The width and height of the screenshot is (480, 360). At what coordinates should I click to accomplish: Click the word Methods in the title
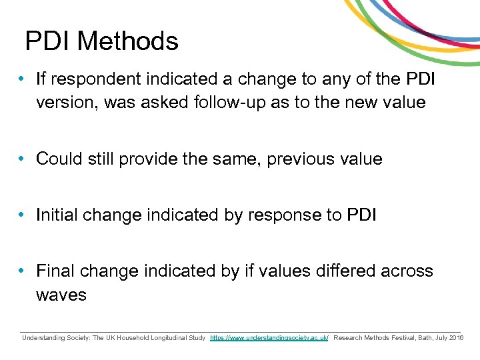128,41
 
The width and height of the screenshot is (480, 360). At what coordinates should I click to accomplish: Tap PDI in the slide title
49,41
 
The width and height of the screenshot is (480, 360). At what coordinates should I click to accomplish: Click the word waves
61,295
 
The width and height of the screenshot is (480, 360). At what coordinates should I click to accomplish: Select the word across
407,271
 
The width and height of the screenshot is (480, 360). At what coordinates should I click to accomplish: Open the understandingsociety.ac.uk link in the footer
269,339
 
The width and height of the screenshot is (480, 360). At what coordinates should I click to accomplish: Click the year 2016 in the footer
456,339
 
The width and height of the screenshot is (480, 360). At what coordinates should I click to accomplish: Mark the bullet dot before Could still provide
22,159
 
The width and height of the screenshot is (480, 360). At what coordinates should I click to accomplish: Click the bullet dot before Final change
22,271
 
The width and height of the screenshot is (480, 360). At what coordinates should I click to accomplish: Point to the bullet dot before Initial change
22,215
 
